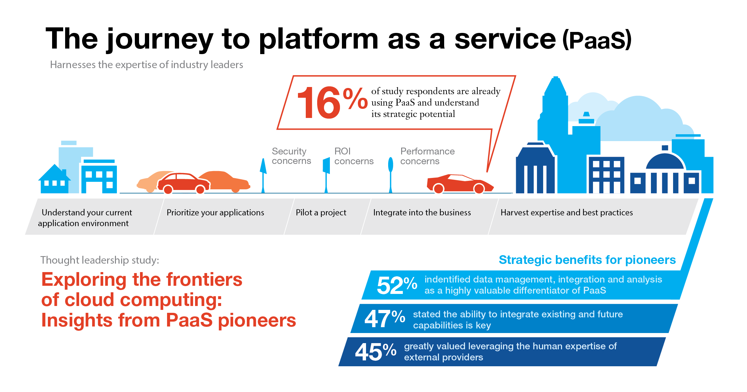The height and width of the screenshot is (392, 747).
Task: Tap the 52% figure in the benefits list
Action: [397, 285]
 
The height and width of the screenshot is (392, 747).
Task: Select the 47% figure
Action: [385, 318]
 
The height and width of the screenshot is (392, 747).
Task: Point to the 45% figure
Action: [375, 352]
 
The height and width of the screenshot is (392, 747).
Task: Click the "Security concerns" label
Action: [291, 156]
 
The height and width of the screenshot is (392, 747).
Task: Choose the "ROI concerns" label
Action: [354, 156]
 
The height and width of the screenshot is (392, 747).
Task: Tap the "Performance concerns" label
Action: [427, 156]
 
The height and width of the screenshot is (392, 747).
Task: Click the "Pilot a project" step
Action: [321, 212]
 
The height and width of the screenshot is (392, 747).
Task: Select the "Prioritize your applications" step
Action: [215, 212]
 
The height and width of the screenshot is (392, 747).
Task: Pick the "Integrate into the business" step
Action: [422, 212]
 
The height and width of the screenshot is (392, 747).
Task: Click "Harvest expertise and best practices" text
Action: [567, 212]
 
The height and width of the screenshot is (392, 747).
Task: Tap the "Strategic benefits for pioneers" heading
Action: [587, 260]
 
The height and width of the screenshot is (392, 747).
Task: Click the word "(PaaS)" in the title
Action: [597, 40]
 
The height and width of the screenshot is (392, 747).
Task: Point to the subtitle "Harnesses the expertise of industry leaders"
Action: [147, 65]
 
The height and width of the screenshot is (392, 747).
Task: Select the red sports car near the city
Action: [460, 183]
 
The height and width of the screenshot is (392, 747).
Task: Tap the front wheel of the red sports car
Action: [479, 188]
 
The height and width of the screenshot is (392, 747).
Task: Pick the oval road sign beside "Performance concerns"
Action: [390, 165]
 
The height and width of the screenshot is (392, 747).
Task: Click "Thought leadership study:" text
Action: [100, 260]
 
